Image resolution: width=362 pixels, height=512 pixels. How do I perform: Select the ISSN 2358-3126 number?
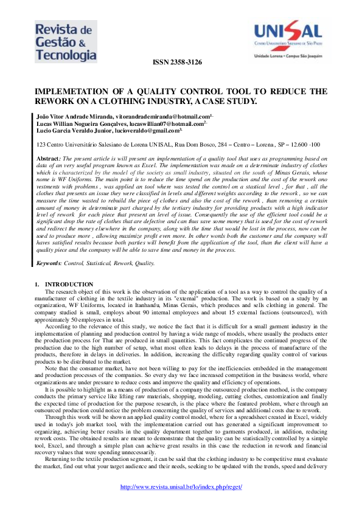pyautogui.click(x=176, y=63)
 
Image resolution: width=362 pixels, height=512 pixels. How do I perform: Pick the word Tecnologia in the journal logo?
pyautogui.click(x=65, y=55)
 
